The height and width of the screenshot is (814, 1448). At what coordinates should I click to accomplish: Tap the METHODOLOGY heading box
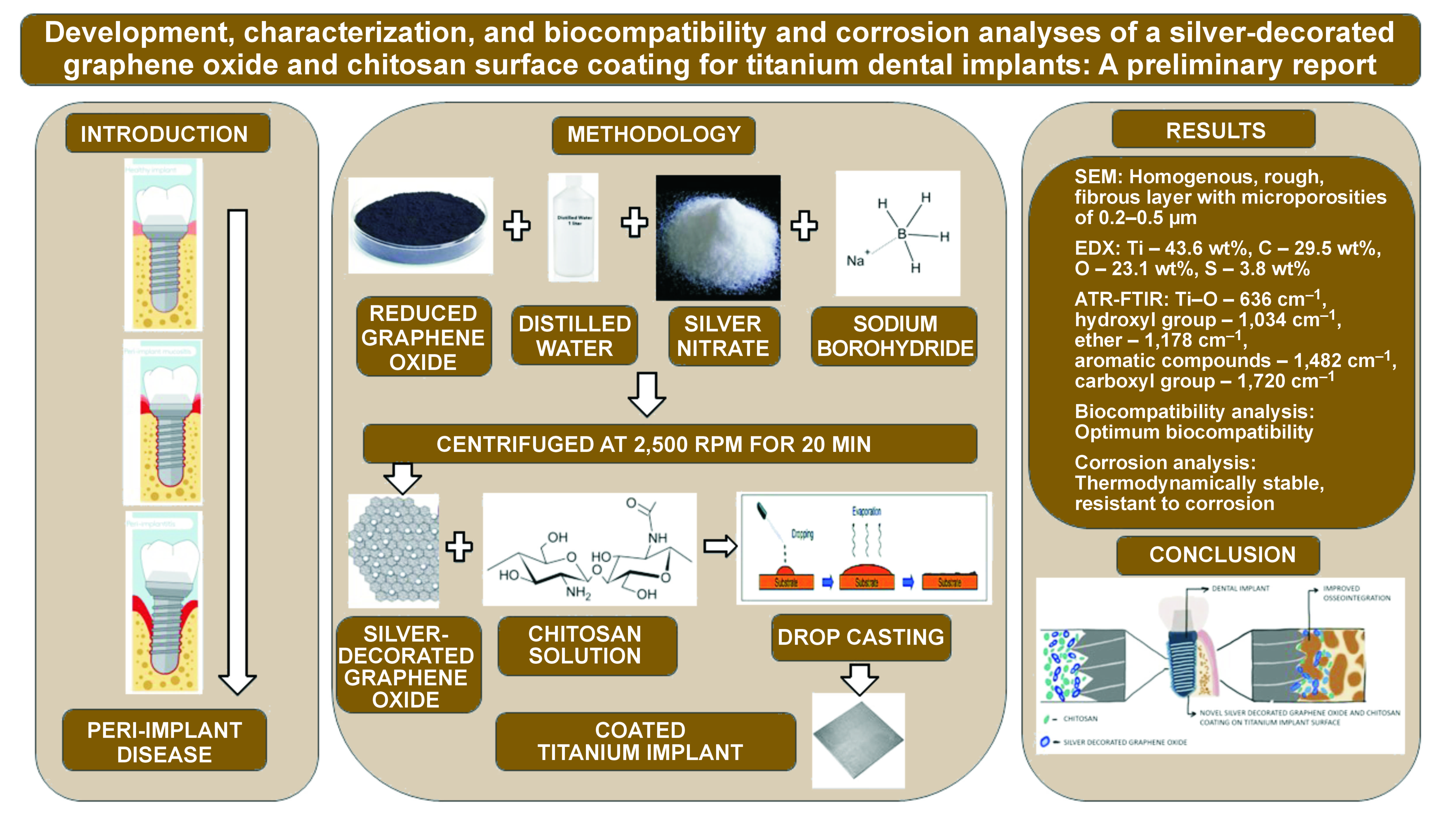tap(653, 135)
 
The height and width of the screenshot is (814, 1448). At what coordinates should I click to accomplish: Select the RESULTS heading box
tap(1214, 130)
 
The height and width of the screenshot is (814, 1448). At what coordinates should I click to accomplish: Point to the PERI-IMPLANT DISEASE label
tap(164, 742)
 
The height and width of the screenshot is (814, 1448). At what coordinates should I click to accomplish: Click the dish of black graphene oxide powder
tap(419, 225)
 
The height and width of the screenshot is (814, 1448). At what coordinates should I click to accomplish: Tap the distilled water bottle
tap(573, 228)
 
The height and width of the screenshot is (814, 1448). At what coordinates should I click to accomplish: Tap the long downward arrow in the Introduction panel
tap(237, 449)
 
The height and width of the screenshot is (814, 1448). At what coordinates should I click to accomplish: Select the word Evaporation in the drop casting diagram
tap(866, 511)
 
